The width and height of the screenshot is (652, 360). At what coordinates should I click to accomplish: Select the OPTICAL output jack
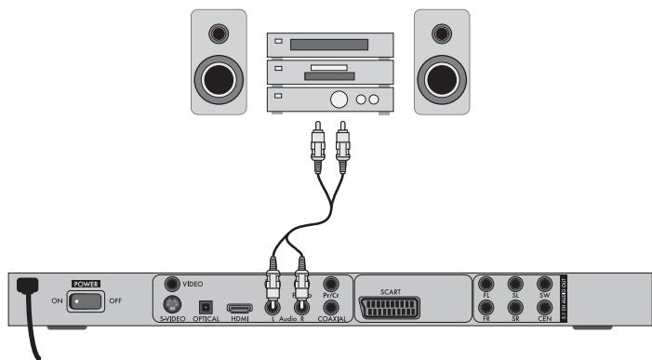(206, 305)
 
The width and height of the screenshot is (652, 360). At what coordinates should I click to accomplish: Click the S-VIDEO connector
(172, 304)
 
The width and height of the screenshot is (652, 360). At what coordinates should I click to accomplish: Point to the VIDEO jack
(172, 283)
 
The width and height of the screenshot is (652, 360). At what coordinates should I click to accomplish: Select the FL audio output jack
(486, 283)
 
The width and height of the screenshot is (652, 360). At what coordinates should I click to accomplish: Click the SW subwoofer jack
(546, 283)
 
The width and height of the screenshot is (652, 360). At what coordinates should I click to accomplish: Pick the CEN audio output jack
(546, 306)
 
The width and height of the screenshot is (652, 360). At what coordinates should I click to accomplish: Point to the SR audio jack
(516, 306)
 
